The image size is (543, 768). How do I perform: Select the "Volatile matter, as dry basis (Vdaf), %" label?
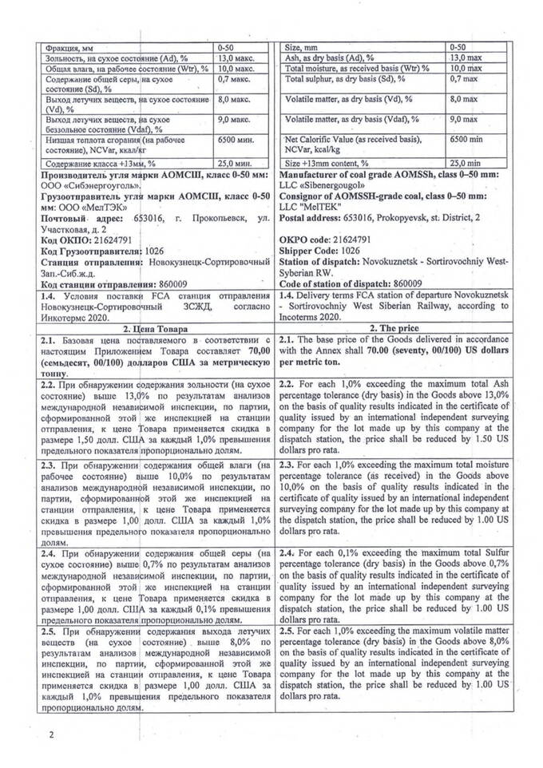[352, 119]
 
